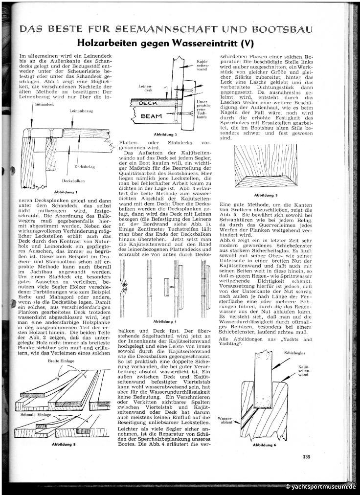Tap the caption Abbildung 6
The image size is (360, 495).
pos(265,445)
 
